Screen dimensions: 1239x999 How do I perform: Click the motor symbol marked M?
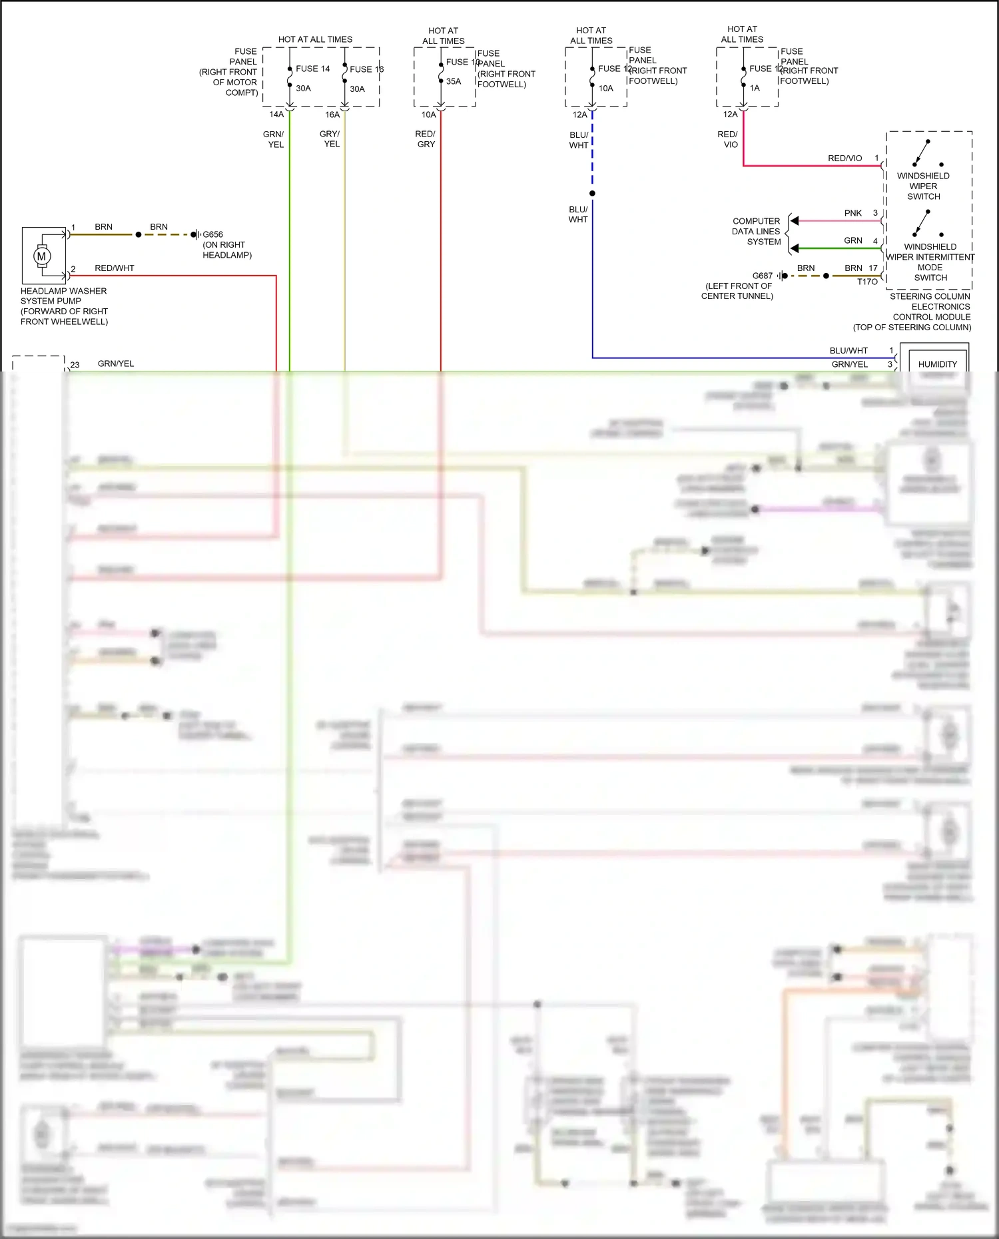[x=42, y=256]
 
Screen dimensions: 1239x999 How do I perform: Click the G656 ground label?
[x=212, y=234]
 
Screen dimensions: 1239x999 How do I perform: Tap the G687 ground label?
[x=762, y=276]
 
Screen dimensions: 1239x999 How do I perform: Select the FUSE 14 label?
[x=312, y=69]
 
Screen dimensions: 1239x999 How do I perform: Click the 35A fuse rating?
[x=454, y=81]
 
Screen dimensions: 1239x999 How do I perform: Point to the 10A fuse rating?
[x=605, y=88]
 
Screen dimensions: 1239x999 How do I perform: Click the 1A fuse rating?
[x=755, y=88]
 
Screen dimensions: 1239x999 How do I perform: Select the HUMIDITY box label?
[x=937, y=364]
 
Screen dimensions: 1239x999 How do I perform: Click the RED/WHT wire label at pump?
[x=115, y=268]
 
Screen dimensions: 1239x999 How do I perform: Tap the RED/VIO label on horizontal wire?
[x=844, y=158]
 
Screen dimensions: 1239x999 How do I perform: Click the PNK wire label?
[x=852, y=213]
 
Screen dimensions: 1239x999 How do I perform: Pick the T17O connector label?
[x=867, y=282]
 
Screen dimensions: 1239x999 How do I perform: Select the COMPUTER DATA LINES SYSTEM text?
[x=756, y=231]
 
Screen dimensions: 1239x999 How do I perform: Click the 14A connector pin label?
[x=276, y=115]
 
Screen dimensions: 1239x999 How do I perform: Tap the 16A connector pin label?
[x=332, y=115]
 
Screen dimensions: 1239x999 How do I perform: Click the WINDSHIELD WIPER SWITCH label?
[x=923, y=186]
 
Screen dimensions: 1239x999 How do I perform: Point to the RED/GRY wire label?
[x=425, y=138]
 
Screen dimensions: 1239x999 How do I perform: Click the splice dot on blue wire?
[x=592, y=194]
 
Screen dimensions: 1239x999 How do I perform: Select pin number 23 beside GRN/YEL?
[x=75, y=365]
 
